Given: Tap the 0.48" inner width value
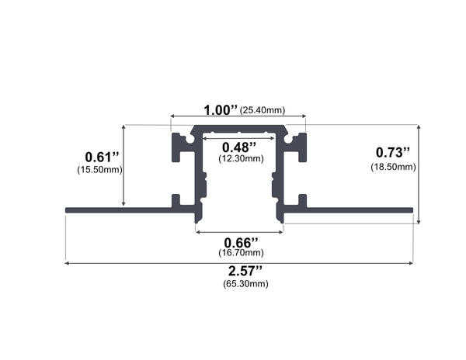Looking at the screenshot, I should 238,147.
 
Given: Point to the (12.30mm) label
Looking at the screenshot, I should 238,158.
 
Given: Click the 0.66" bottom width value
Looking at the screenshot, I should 238,241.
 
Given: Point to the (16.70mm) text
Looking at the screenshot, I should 238,252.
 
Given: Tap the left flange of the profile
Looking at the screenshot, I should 116,209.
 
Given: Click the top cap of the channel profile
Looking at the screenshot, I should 238,130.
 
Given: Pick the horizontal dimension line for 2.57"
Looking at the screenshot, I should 155,264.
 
